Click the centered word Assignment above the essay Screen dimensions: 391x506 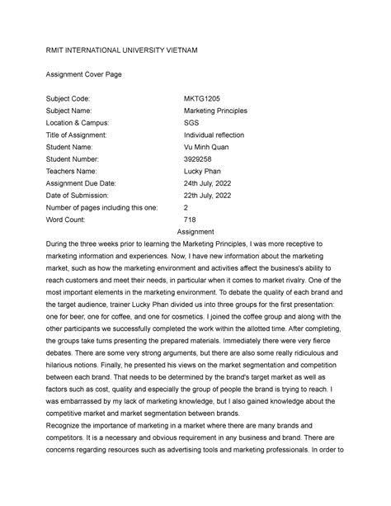click(x=195, y=233)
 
